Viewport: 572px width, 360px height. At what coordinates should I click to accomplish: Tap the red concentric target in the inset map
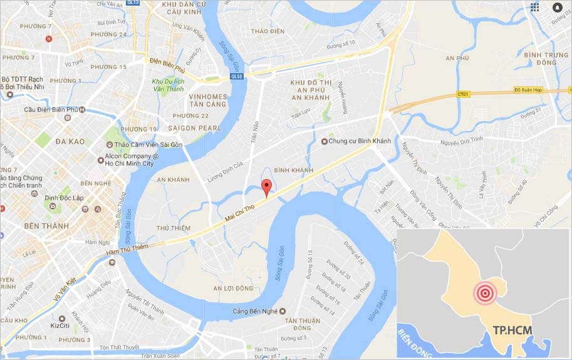point(485,293)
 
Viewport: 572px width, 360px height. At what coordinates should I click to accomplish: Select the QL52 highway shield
point(236,76)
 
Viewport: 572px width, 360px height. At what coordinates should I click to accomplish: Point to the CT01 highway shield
point(463,94)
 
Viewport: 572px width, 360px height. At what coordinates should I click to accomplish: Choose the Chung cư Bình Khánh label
point(360,141)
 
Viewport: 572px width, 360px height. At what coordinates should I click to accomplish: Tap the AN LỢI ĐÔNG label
point(233,288)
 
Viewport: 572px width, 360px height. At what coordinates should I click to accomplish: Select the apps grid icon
point(534,7)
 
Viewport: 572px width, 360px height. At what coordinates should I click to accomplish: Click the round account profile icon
point(558,7)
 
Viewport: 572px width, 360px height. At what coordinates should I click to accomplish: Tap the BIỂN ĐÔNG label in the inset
point(413,342)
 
